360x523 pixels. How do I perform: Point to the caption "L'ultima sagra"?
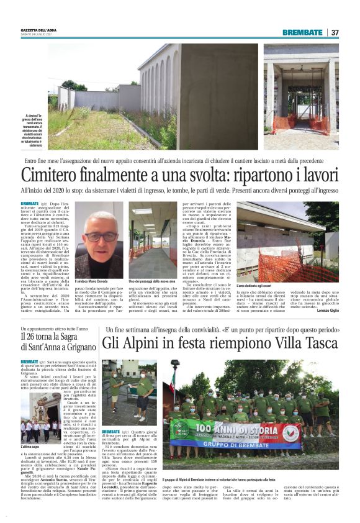31,446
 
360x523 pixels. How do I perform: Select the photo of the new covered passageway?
153,240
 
